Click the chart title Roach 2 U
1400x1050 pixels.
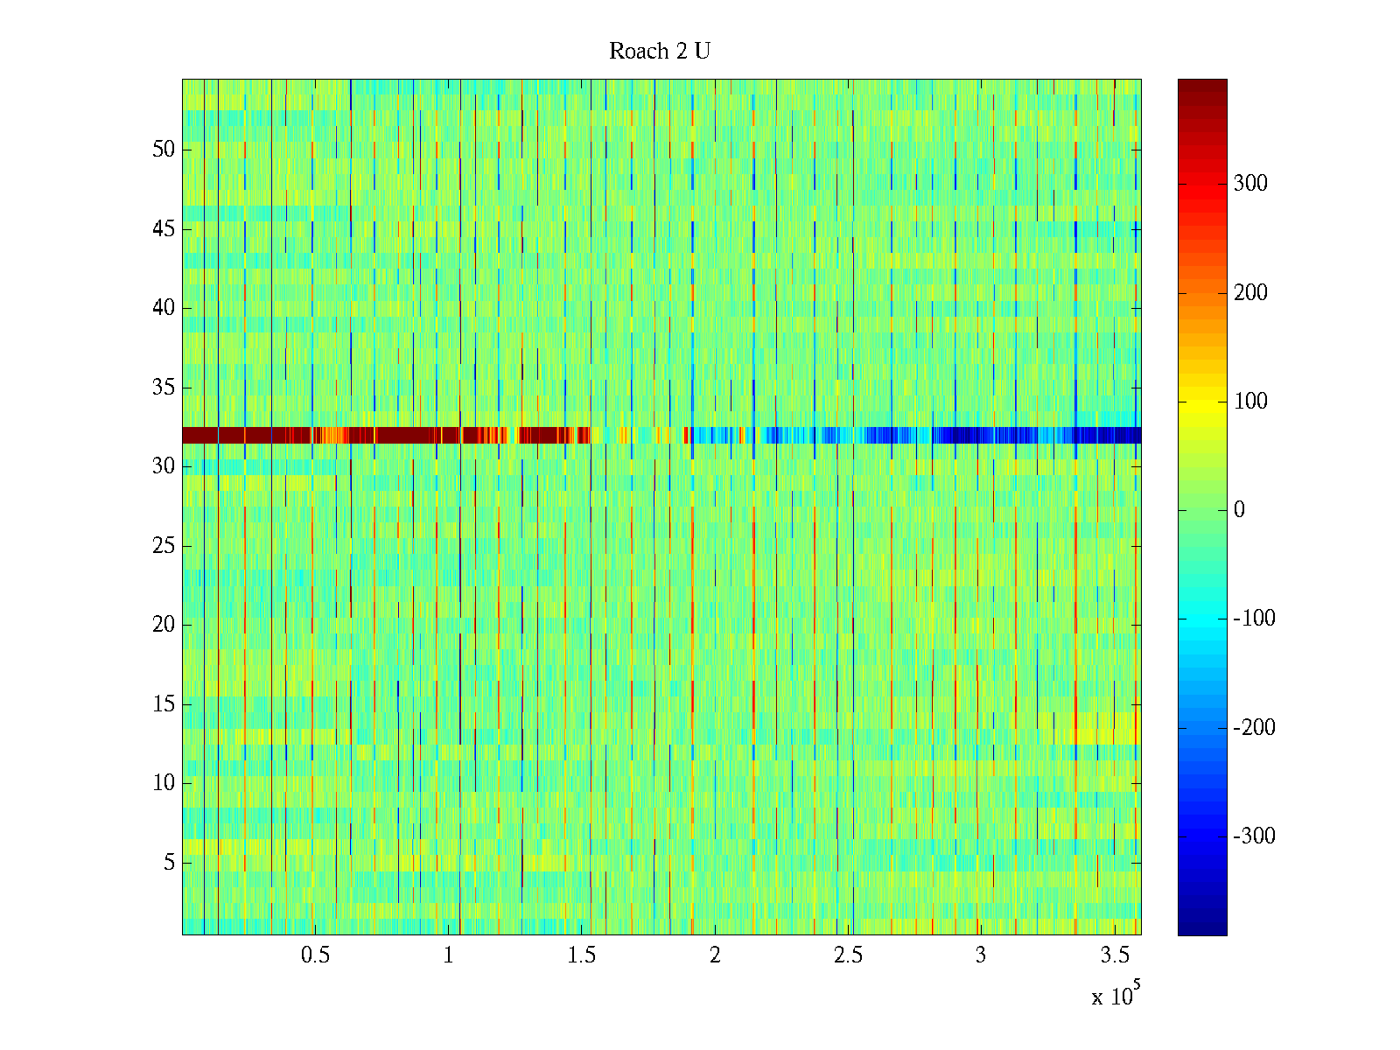660,52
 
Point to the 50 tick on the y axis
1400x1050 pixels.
164,150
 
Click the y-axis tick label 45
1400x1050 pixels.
164,229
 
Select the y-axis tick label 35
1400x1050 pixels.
164,388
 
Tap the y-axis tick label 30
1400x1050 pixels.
164,466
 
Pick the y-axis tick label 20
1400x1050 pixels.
164,625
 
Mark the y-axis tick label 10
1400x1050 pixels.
164,783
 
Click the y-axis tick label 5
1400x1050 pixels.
169,863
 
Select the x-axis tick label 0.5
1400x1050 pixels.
315,955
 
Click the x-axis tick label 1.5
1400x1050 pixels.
581,955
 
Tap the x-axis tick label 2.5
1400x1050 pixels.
848,955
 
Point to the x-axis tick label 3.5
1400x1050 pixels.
1114,955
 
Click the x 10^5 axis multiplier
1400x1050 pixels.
1115,995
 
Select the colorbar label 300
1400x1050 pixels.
1250,184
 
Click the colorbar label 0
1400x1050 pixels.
1239,510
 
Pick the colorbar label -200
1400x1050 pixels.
1254,728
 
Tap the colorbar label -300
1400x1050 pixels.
1254,836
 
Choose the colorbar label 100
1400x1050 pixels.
1250,402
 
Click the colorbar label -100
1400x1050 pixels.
1254,619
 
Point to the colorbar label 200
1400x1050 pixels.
1250,293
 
